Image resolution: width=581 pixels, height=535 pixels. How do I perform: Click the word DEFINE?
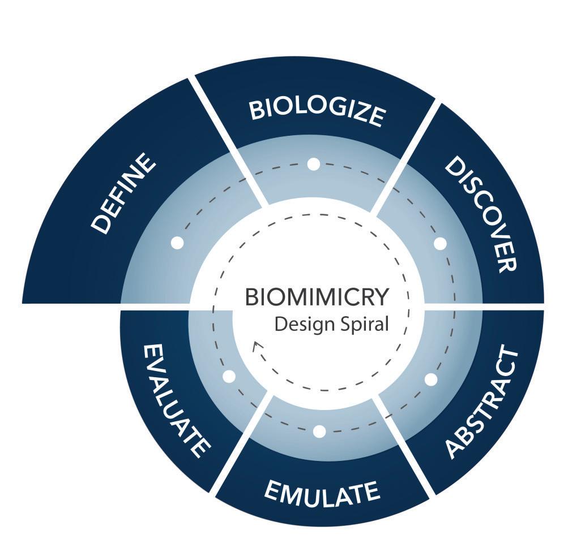coord(123,193)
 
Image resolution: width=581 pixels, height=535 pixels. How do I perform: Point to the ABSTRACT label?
coord(482,403)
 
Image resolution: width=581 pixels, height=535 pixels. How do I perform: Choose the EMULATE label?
coord(322,494)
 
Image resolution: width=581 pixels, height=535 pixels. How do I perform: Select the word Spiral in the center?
coord(366,325)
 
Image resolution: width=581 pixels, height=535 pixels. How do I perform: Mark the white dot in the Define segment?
coord(177,243)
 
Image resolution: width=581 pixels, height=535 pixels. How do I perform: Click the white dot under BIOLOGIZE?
coord(314,164)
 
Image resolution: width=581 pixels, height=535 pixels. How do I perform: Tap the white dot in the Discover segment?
coord(440,244)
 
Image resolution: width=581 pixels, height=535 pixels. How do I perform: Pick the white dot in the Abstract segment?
coord(431,379)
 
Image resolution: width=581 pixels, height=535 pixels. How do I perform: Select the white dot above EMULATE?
coord(319,432)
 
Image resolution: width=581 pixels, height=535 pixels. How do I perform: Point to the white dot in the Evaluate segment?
coord(229,377)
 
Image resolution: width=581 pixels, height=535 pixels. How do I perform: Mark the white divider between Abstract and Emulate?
coord(405,447)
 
